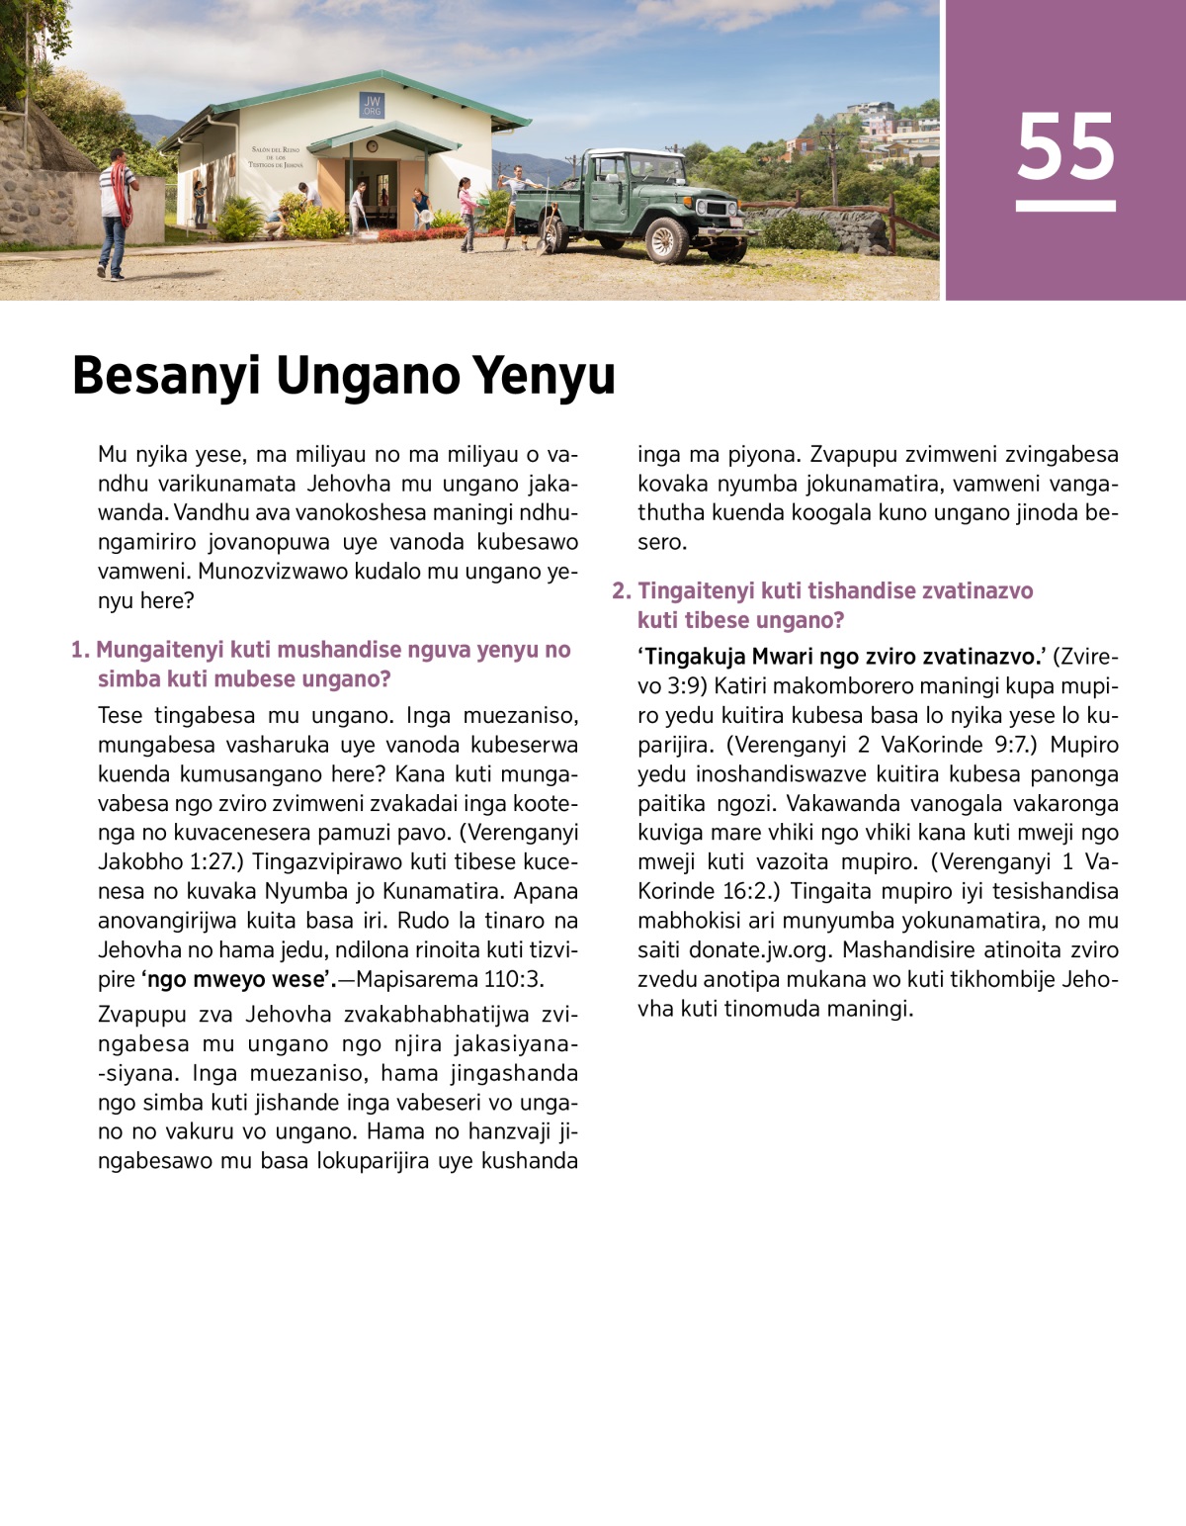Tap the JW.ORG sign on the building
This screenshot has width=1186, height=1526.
pyautogui.click(x=372, y=106)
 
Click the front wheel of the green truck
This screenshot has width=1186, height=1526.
pyautogui.click(x=665, y=239)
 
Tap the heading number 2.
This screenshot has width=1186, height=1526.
pyautogui.click(x=620, y=590)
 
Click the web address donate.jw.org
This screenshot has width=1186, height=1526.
pyautogui.click(x=759, y=949)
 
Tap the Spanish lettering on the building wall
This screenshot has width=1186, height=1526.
pyautogui.click(x=277, y=156)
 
